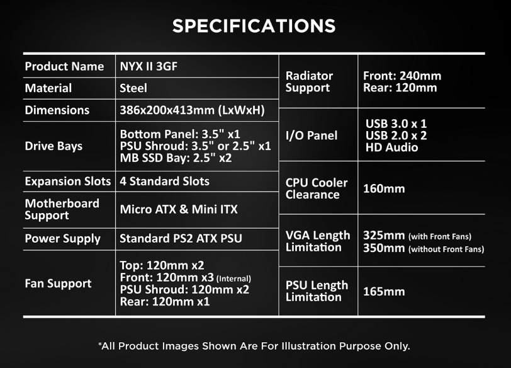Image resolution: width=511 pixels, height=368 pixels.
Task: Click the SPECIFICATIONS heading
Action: coord(254,26)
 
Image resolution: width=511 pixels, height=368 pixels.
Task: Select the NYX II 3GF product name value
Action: coord(149,67)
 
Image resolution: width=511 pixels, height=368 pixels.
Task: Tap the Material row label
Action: coord(48,88)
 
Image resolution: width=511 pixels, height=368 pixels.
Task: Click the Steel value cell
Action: coord(133,88)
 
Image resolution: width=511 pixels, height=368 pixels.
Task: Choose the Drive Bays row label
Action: coord(53,146)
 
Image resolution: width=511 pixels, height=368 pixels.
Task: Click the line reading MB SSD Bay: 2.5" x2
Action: coord(176,158)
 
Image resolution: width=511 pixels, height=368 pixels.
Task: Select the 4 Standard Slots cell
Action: coord(165,181)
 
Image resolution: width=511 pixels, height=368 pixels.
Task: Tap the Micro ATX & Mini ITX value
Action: coord(179,209)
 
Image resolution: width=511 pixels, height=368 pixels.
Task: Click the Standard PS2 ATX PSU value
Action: coord(181,238)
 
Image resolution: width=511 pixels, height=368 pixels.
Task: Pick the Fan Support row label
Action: coord(58,284)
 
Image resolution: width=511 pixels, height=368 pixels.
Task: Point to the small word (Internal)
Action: coord(233,279)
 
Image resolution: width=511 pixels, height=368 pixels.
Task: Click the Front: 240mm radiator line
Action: coord(402,76)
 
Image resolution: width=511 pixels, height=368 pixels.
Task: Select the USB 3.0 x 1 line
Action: coord(396,124)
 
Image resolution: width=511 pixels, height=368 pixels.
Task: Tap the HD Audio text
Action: coord(391,147)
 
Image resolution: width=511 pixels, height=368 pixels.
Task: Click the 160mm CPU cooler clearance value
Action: coord(384,188)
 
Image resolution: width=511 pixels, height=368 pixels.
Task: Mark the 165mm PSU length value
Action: coord(384,291)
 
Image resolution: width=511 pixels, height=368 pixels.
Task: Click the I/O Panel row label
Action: coord(312,135)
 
